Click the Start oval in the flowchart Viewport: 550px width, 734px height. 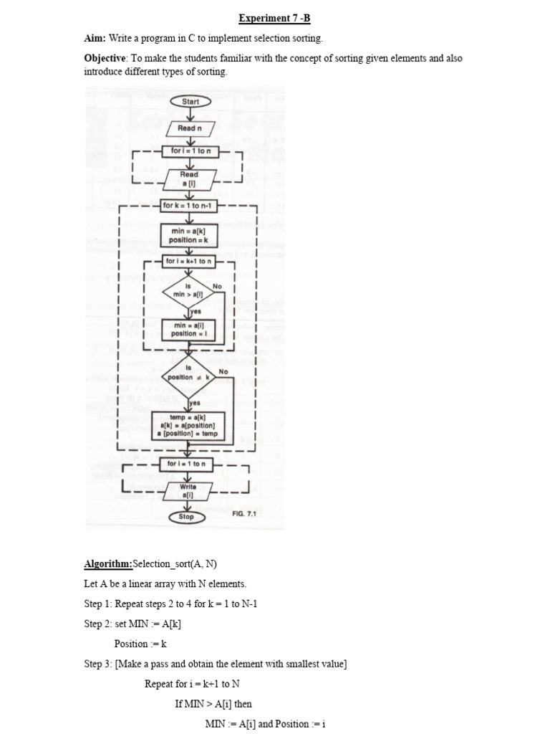point(190,102)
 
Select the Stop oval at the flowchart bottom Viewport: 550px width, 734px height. point(186,517)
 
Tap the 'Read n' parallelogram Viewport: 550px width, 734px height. point(190,128)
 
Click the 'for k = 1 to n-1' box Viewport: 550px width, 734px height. point(190,206)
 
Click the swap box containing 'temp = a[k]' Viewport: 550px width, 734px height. point(188,426)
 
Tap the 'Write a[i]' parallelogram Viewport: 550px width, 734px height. point(188,491)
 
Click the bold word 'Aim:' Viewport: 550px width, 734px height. point(95,38)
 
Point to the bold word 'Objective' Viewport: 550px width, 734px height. point(105,59)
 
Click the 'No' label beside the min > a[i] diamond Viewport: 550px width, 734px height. point(218,286)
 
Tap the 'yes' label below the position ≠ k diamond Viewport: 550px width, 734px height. point(194,403)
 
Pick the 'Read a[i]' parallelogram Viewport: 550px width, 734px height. point(189,178)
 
